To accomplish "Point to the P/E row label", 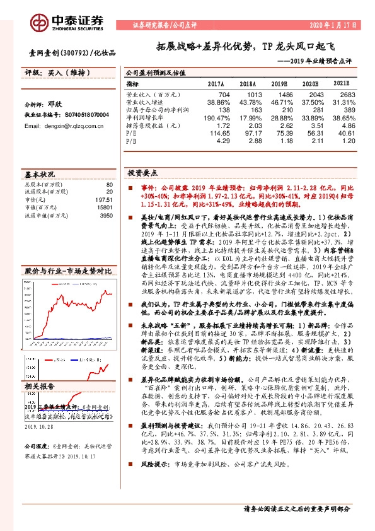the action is click(x=131, y=133).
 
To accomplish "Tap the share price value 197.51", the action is click(x=103, y=199).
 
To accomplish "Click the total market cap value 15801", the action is click(x=104, y=207).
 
